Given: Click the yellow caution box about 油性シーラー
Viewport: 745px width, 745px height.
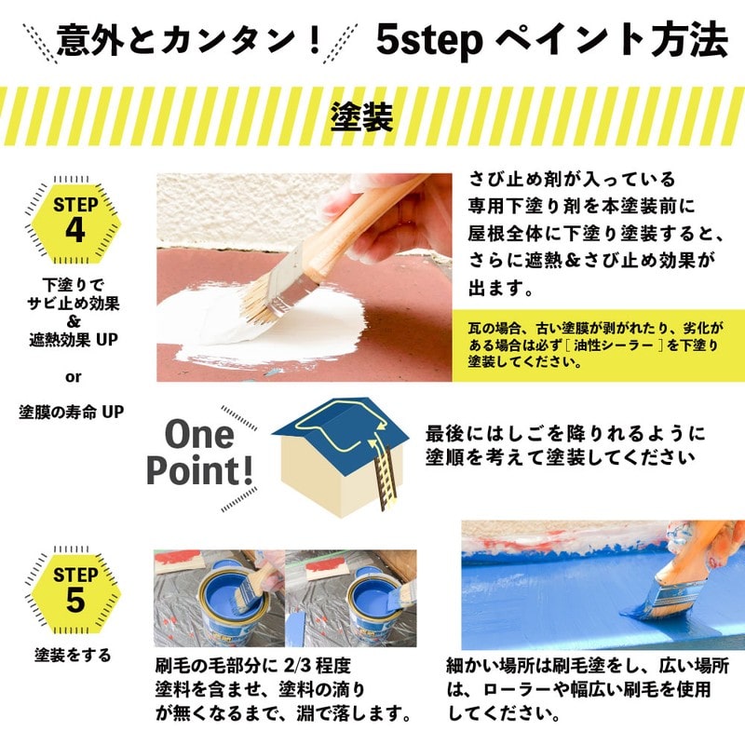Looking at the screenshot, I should click(x=598, y=345).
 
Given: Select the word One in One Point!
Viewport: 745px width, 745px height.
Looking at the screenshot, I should click(x=199, y=435).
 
